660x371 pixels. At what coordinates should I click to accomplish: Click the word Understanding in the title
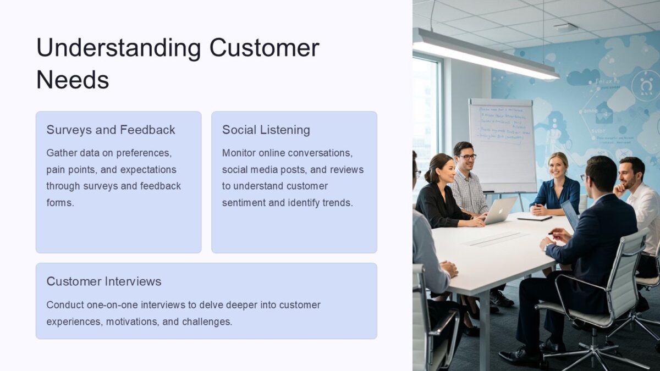click(x=118, y=48)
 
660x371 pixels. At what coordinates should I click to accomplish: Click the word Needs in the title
click(x=73, y=80)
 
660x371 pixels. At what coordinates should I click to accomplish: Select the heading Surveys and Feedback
click(x=111, y=130)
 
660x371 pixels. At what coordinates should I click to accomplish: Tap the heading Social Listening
click(x=266, y=130)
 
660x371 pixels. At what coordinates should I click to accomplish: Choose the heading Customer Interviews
click(x=104, y=281)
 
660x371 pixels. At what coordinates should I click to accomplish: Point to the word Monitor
click(x=240, y=153)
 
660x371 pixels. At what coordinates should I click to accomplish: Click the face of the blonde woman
click(x=557, y=165)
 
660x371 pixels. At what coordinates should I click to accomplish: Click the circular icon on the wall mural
click(x=645, y=85)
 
